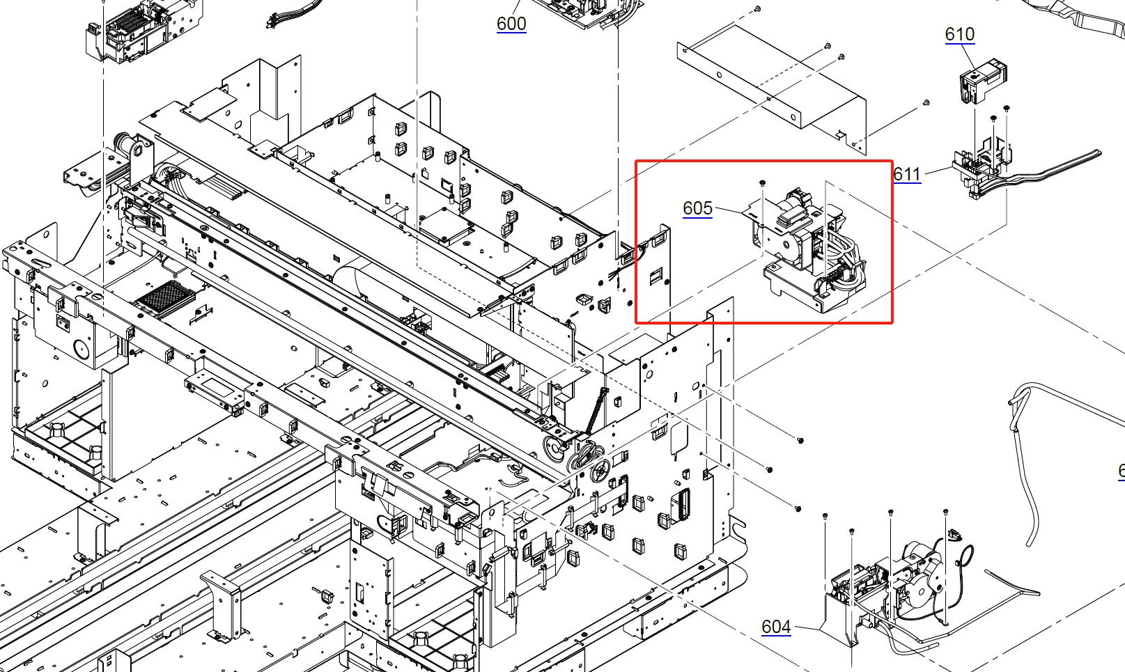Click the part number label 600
coord(511,24)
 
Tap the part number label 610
coord(960,34)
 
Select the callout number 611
coord(907,174)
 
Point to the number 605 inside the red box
coord(697,208)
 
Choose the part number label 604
coord(776,626)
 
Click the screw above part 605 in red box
coord(762,183)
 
